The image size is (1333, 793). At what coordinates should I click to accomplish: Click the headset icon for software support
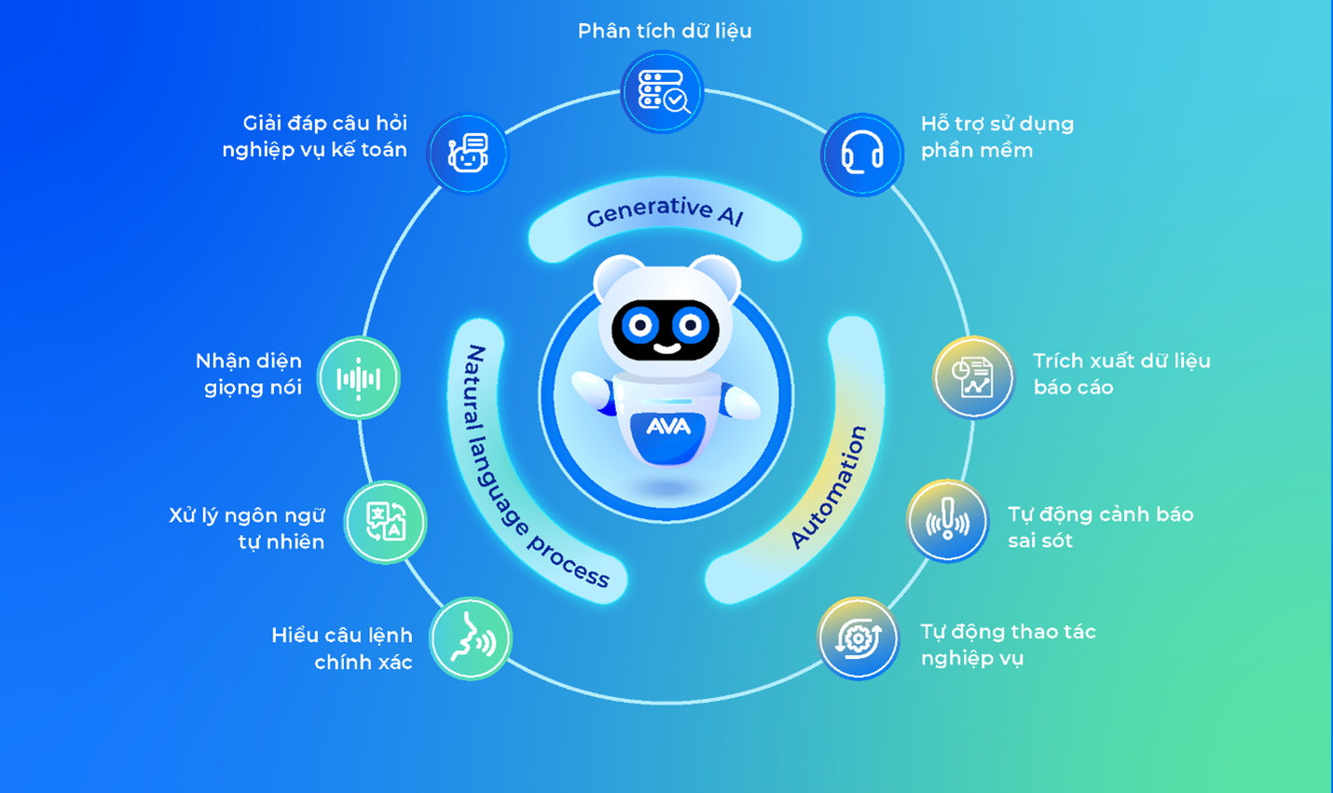[x=862, y=154]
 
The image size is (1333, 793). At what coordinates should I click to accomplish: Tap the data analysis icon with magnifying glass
[x=663, y=91]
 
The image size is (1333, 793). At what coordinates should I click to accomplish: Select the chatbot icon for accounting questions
[x=468, y=154]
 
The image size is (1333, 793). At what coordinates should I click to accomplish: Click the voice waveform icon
[x=359, y=378]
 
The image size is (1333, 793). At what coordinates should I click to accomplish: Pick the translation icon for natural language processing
[x=386, y=522]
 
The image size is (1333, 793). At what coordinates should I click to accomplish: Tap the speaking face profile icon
[x=472, y=639]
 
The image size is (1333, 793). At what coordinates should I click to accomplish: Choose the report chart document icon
[x=973, y=377]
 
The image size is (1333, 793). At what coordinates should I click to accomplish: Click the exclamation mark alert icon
[x=947, y=521]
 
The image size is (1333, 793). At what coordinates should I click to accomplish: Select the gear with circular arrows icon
[x=859, y=639]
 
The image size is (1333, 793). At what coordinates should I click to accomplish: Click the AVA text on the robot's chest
[x=668, y=427]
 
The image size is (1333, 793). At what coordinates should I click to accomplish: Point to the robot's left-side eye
[x=640, y=326]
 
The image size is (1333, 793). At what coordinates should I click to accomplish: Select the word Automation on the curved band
[x=829, y=487]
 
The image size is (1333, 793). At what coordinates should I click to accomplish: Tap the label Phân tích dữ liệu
[x=665, y=31]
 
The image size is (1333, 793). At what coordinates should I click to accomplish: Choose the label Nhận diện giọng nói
[x=249, y=374]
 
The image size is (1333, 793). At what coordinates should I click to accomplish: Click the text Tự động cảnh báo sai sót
[x=1100, y=527]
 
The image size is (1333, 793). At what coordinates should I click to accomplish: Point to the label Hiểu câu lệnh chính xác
[x=342, y=649]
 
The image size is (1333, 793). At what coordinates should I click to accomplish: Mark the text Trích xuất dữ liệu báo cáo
[x=1120, y=374]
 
